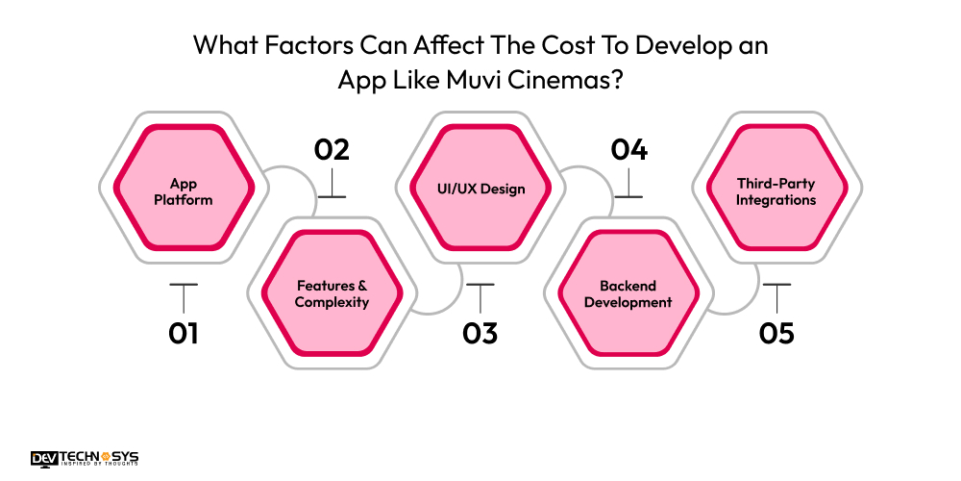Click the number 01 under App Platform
[x=183, y=334]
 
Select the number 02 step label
[x=332, y=150]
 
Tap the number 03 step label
[x=480, y=334]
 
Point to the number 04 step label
[x=628, y=150]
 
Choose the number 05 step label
[x=776, y=334]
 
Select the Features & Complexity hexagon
[x=332, y=293]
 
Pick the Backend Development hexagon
[x=628, y=293]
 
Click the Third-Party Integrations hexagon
[x=776, y=191]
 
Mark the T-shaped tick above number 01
[x=183, y=292]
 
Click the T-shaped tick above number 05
[x=776, y=292]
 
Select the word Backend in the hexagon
[x=628, y=286]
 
